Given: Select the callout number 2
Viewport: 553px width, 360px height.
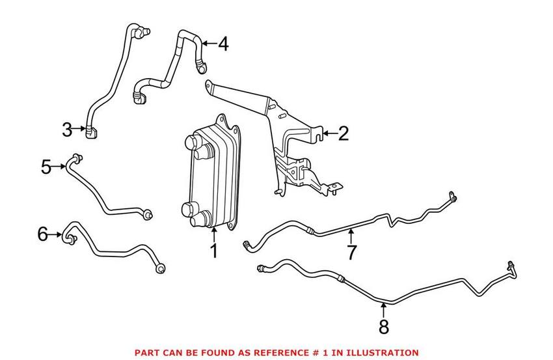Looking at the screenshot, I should click(x=343, y=134).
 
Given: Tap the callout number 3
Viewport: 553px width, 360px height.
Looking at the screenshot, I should click(x=67, y=130).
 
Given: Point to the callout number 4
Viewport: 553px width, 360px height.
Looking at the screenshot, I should click(x=223, y=44).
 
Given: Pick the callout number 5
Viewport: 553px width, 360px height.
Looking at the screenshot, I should click(x=46, y=167).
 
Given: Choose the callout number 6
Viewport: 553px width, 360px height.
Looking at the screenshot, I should click(x=43, y=234).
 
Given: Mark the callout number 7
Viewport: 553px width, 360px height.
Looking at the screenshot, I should click(x=351, y=251).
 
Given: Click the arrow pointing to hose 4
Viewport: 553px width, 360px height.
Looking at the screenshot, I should click(x=208, y=44).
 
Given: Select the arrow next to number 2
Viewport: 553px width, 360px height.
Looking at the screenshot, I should click(x=329, y=134).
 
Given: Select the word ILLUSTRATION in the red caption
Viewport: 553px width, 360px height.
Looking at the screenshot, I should click(x=381, y=352).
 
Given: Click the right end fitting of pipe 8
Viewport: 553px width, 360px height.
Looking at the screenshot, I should click(x=509, y=266).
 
